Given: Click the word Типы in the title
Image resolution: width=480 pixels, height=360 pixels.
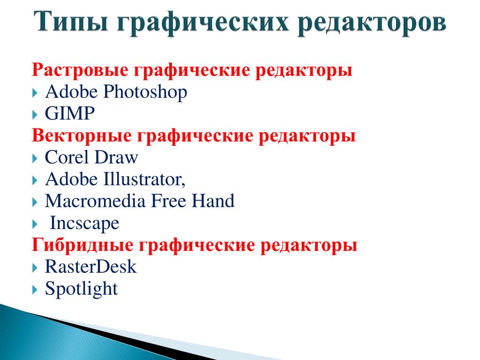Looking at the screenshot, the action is pos(71,22).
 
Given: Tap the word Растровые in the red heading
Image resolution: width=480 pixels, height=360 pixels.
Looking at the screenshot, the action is pos(80,70).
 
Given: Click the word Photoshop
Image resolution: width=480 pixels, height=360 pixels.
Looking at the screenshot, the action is pos(145,92).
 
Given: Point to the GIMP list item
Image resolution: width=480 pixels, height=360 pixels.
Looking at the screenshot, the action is pos(70,113).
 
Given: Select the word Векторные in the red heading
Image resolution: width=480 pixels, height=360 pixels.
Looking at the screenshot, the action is pos(82,135).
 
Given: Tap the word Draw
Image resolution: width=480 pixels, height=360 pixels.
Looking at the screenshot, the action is pos(116,157).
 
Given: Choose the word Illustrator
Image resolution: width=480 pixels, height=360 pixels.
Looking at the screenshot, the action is pos(144,180).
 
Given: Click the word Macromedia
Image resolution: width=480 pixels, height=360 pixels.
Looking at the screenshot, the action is pos(95,201).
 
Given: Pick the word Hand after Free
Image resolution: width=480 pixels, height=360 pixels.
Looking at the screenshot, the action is pos(213,201).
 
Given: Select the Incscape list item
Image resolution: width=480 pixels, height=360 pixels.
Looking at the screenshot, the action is pos(84,223).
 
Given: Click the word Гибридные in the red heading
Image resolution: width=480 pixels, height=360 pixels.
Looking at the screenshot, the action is pos(82,245).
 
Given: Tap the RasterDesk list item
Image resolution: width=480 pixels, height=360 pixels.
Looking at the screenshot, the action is pos(90,267).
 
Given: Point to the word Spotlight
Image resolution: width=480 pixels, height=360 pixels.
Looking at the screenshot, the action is pos(82,289).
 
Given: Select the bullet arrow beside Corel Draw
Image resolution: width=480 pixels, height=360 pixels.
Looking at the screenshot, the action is pos(35,158).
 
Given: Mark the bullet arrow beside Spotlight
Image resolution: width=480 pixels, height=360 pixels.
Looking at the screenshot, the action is pos(35,290).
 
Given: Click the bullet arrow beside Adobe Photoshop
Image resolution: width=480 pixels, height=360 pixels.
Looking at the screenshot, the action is pos(35,93).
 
